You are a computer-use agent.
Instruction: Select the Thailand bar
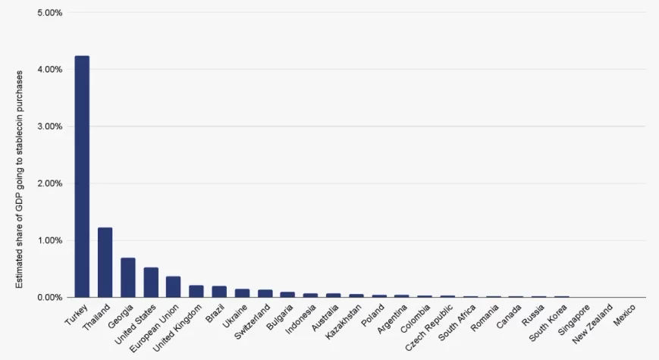(x=105, y=262)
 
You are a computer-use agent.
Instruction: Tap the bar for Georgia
(x=127, y=277)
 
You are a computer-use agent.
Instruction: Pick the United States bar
(x=151, y=282)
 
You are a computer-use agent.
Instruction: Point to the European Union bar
(x=174, y=286)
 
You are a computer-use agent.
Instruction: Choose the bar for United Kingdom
(x=196, y=291)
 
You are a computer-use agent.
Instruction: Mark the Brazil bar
(x=219, y=292)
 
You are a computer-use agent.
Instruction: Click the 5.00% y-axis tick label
(x=49, y=13)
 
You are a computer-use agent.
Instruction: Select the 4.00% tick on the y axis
(x=49, y=70)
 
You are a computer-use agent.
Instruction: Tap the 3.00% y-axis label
(x=49, y=127)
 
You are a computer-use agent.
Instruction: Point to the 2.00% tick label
(x=49, y=183)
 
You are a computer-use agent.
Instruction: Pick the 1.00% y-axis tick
(x=49, y=240)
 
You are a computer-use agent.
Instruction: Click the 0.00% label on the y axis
(x=49, y=297)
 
